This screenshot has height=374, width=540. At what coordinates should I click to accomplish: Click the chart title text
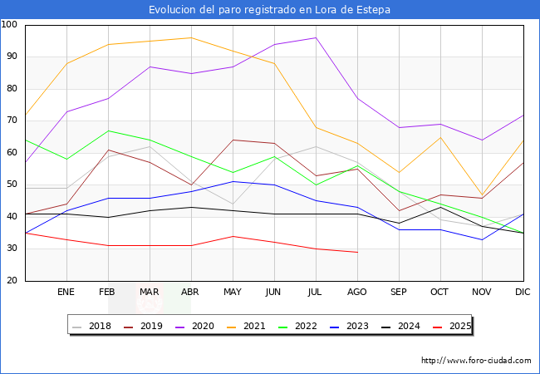[269, 10]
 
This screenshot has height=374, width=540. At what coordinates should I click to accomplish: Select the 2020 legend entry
[206, 327]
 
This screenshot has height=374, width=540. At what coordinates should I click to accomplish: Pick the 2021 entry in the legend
[254, 327]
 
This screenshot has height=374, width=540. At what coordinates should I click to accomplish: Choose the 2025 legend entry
[460, 327]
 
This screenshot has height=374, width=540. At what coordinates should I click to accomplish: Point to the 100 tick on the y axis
[10, 25]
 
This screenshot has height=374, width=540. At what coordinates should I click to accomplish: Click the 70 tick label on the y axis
[10, 121]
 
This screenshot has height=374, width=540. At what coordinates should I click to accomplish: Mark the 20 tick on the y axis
[10, 281]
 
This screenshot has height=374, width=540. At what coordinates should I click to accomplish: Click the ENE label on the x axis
[66, 293]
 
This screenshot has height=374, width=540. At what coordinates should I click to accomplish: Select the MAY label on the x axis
[233, 293]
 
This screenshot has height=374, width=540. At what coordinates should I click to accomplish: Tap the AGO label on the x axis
[357, 293]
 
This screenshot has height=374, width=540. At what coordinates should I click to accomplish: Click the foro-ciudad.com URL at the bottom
[476, 361]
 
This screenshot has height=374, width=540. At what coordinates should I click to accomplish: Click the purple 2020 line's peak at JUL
[316, 37]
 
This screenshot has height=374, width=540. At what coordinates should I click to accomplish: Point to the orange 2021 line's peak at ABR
[191, 37]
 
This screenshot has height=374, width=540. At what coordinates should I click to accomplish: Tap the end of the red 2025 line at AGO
[357, 252]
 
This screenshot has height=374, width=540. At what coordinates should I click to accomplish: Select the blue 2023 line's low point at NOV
[482, 239]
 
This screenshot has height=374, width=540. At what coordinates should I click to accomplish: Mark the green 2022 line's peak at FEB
[108, 130]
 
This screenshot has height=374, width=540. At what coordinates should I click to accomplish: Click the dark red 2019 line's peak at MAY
[233, 140]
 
